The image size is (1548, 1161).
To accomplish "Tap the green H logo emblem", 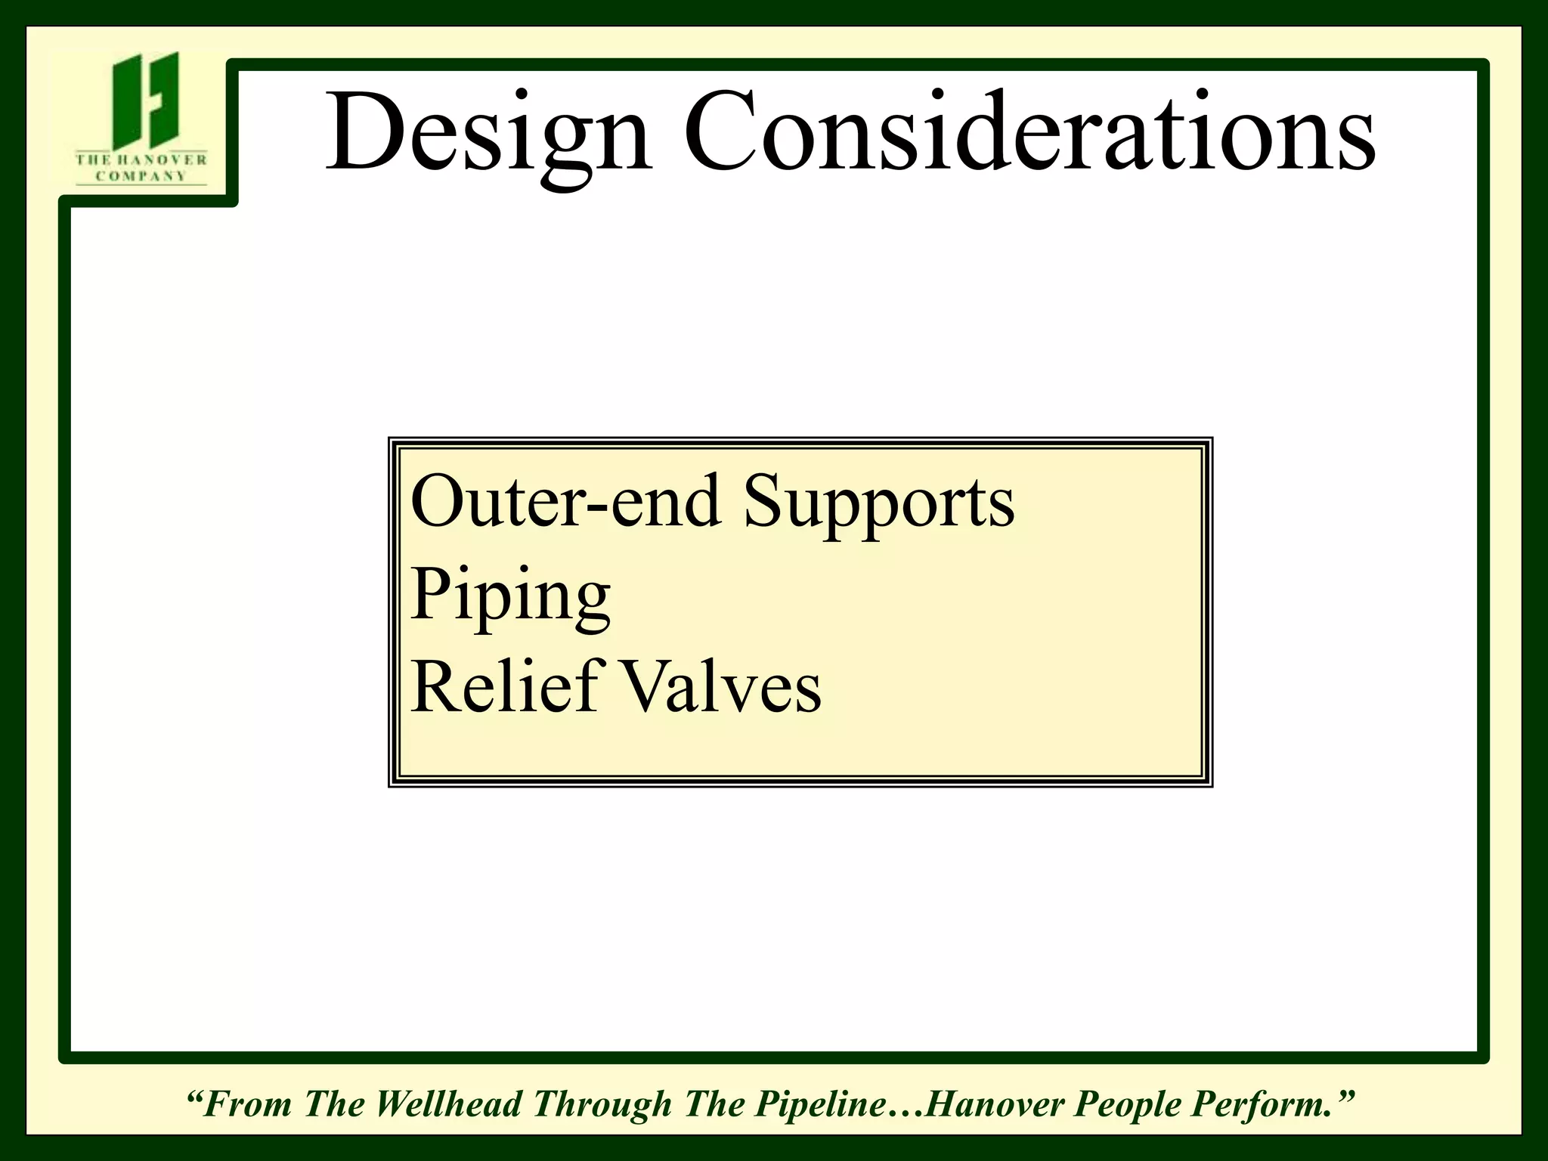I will (x=146, y=101).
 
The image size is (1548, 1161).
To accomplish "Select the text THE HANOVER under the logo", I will (x=141, y=159).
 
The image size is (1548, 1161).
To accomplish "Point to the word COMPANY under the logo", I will (x=141, y=176).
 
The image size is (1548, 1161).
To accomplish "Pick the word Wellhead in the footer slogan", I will (x=448, y=1104).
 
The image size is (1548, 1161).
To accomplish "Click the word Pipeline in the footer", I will (x=822, y=1104).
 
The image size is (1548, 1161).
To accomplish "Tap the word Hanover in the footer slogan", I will (x=995, y=1104).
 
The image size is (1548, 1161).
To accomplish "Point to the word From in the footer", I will (x=247, y=1104).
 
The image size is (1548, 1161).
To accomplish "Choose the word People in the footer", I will (x=1128, y=1104).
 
